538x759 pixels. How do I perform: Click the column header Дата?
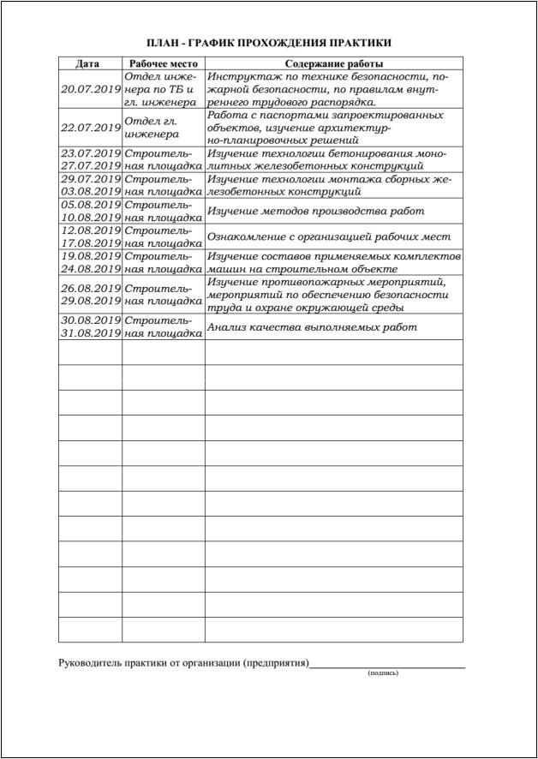[88, 63]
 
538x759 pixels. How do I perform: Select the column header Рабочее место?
[163, 63]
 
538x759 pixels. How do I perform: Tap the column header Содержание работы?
[333, 63]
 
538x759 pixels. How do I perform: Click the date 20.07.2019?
[90, 89]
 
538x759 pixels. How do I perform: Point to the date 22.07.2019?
[90, 128]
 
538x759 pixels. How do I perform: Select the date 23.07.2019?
[90, 153]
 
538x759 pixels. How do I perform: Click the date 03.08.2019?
[90, 192]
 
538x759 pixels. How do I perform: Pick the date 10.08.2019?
[90, 218]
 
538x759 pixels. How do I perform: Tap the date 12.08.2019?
[90, 230]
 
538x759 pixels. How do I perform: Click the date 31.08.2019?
[90, 333]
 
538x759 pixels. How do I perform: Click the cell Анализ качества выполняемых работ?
[312, 327]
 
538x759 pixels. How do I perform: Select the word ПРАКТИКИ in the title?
[362, 42]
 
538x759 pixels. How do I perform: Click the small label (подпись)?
[383, 673]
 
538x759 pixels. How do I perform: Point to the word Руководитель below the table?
[89, 662]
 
